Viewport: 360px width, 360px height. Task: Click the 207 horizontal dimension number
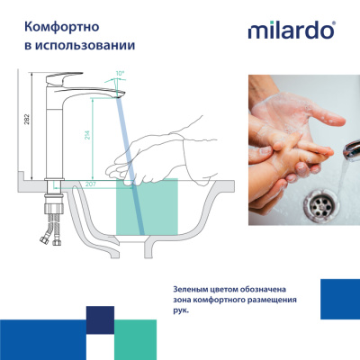pos(90,184)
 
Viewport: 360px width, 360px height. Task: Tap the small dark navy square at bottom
pos(100,319)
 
